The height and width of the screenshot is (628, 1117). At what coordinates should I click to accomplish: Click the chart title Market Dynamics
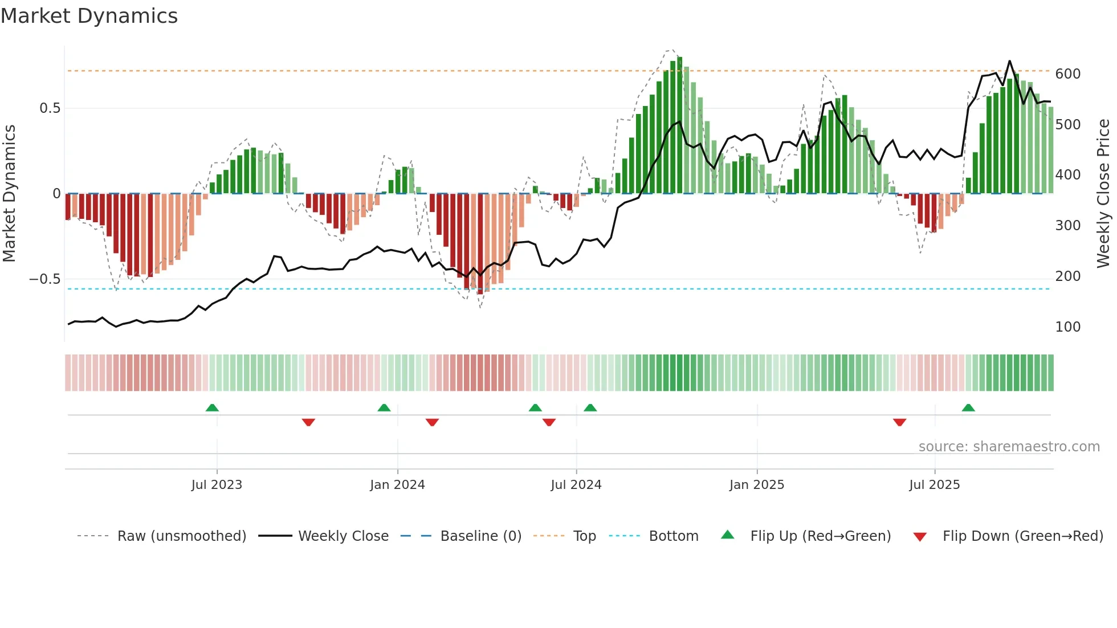[89, 16]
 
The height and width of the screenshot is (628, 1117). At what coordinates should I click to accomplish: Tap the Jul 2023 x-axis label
[217, 485]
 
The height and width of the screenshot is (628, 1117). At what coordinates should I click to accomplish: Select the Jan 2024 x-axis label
[397, 485]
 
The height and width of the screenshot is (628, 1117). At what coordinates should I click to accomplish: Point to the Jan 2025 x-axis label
[757, 485]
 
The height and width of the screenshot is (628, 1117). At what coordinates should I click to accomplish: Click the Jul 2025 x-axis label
[935, 485]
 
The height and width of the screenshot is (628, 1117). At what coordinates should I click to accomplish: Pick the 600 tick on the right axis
[1068, 74]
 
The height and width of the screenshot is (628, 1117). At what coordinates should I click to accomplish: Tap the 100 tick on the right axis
[1068, 327]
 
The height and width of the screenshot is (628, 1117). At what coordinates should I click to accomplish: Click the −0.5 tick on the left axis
[45, 279]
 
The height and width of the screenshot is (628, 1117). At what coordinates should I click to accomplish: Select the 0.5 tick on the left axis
[50, 108]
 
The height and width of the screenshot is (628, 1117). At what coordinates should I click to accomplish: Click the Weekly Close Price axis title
[1103, 194]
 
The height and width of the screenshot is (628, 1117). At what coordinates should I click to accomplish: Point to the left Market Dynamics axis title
[9, 194]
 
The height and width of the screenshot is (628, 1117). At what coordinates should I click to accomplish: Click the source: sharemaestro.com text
[1009, 447]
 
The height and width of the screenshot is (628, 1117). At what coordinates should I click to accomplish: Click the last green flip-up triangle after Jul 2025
[968, 407]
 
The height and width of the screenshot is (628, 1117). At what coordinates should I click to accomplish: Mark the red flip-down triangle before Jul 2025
[900, 422]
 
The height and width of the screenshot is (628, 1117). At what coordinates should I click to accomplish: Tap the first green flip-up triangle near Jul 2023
[212, 407]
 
